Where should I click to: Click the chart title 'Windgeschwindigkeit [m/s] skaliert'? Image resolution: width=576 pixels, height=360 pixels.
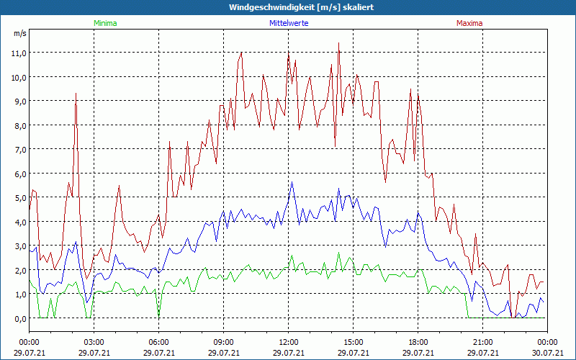(x=287, y=7)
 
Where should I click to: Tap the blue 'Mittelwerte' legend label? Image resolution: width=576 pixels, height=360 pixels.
(x=289, y=23)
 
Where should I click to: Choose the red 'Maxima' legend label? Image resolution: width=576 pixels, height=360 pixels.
(x=469, y=23)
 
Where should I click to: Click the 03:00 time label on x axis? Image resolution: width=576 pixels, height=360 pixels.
(x=94, y=341)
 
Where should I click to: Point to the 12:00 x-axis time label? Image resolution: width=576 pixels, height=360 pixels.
(x=288, y=341)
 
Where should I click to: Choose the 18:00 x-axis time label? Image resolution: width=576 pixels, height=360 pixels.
(x=418, y=341)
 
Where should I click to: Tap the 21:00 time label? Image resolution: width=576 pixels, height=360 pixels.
(x=482, y=341)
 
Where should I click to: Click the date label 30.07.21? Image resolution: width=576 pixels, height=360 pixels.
(x=547, y=352)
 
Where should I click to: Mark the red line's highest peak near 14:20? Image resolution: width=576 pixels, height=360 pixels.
(x=338, y=43)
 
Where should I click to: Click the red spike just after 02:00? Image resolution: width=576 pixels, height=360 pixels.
(x=76, y=94)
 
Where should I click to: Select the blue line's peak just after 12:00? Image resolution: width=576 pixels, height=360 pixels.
(x=292, y=182)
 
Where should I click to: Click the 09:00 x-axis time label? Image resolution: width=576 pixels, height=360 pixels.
(x=223, y=341)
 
